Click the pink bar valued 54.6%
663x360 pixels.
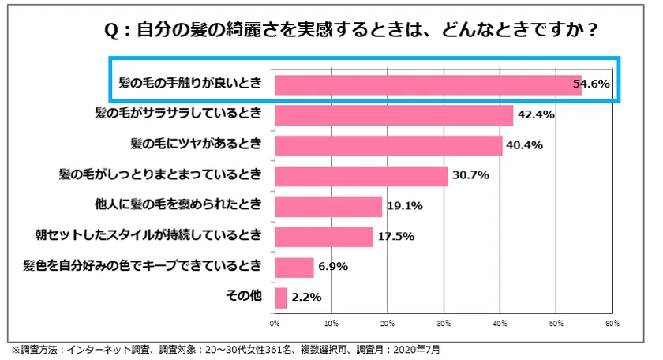coord(428,84)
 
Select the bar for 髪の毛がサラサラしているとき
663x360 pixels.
coord(394,115)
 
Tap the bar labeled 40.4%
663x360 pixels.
coord(388,145)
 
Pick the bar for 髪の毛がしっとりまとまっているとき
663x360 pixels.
coord(361,175)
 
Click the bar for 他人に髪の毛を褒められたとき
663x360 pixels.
coord(328,206)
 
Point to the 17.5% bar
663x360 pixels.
coord(324,236)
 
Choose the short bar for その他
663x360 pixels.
coord(281,298)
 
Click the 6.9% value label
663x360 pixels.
coord(333,268)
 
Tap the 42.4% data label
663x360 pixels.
coord(536,115)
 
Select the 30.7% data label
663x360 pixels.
coord(469,176)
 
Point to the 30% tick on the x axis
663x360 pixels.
coord(444,323)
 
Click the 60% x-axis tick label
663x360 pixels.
coord(612,323)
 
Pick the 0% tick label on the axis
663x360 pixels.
coord(275,323)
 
